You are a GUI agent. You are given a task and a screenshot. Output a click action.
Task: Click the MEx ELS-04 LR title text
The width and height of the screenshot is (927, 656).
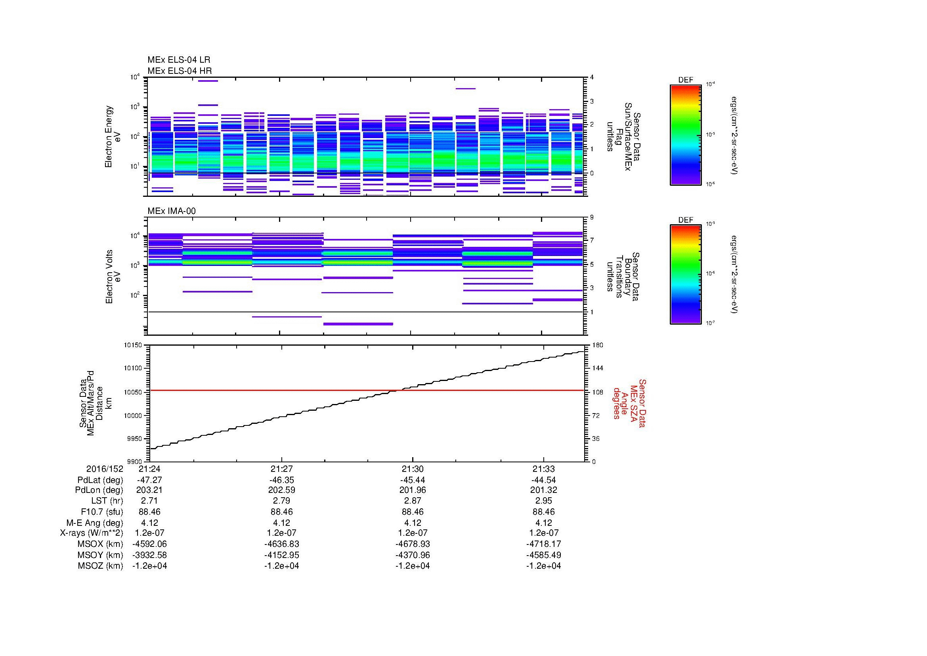(x=178, y=60)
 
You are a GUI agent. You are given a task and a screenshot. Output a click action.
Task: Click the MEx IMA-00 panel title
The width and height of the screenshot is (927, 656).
(x=172, y=211)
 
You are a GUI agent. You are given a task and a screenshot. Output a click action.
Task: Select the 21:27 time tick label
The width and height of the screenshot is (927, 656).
(x=281, y=469)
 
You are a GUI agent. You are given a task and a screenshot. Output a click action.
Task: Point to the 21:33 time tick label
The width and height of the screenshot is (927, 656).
(x=543, y=469)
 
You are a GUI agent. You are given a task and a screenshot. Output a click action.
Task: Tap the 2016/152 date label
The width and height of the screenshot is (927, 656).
(x=105, y=469)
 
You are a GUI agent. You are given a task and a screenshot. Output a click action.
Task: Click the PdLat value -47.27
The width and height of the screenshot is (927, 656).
(x=149, y=480)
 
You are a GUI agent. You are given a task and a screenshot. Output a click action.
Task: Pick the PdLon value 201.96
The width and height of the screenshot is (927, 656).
(x=412, y=490)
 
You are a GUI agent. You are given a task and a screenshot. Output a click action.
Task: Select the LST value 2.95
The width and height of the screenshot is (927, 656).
(x=543, y=501)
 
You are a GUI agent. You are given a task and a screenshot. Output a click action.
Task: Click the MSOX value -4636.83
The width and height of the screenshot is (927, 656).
(x=281, y=544)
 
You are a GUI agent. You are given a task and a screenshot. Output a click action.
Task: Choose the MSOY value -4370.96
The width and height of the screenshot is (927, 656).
(x=412, y=555)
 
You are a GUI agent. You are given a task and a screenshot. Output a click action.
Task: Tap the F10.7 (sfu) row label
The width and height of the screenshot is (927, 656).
(x=102, y=512)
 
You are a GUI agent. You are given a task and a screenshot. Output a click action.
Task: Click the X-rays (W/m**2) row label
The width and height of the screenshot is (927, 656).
(x=91, y=533)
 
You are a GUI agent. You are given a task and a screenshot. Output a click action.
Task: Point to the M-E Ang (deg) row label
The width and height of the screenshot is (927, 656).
(x=94, y=523)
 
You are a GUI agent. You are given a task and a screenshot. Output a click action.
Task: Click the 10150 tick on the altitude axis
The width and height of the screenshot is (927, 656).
(x=133, y=345)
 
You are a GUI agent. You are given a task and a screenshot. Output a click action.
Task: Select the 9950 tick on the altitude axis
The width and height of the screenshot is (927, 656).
(x=135, y=439)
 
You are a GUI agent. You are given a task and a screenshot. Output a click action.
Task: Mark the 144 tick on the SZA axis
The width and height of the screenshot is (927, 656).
(x=598, y=368)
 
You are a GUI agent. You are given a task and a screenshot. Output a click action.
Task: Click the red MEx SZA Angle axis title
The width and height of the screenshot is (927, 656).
(x=629, y=403)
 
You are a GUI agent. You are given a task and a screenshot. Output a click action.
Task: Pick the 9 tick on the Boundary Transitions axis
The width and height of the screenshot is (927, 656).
(x=592, y=217)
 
